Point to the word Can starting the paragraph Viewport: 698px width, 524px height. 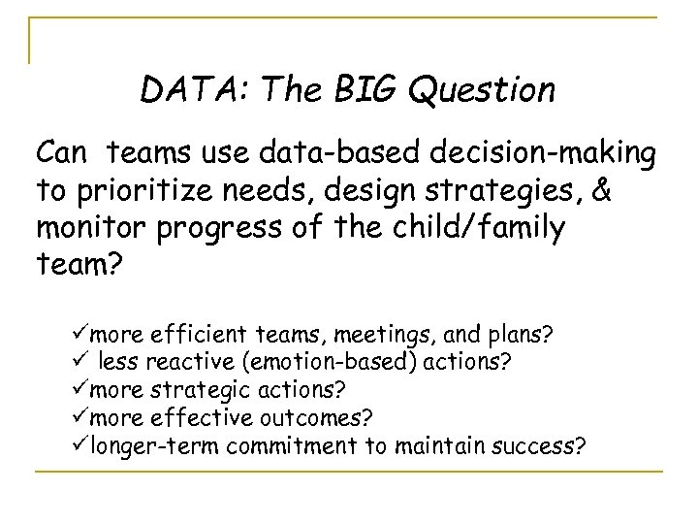click(63, 153)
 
